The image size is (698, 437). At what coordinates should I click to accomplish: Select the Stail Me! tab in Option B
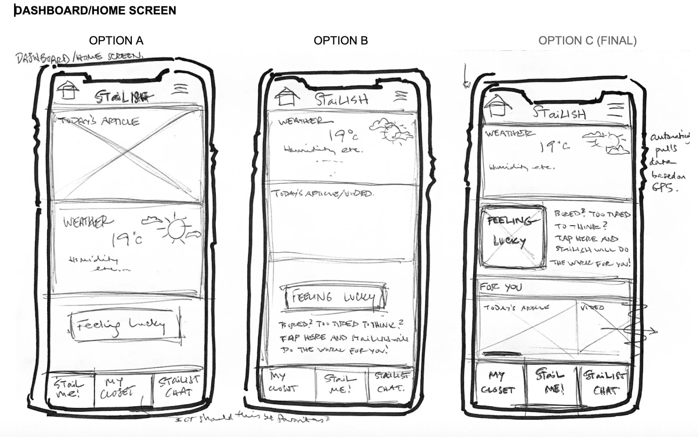[x=340, y=384]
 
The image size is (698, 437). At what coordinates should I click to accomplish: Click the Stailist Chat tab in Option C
[x=605, y=383]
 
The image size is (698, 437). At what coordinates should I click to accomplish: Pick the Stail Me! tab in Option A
[x=69, y=389]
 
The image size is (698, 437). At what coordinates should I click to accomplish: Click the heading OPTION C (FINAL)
[x=587, y=41]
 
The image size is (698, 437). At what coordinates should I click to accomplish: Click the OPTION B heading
[x=341, y=41]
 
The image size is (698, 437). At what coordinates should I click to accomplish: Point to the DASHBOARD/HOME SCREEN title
[x=95, y=11]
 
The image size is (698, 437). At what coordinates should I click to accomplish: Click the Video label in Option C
[x=592, y=307]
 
